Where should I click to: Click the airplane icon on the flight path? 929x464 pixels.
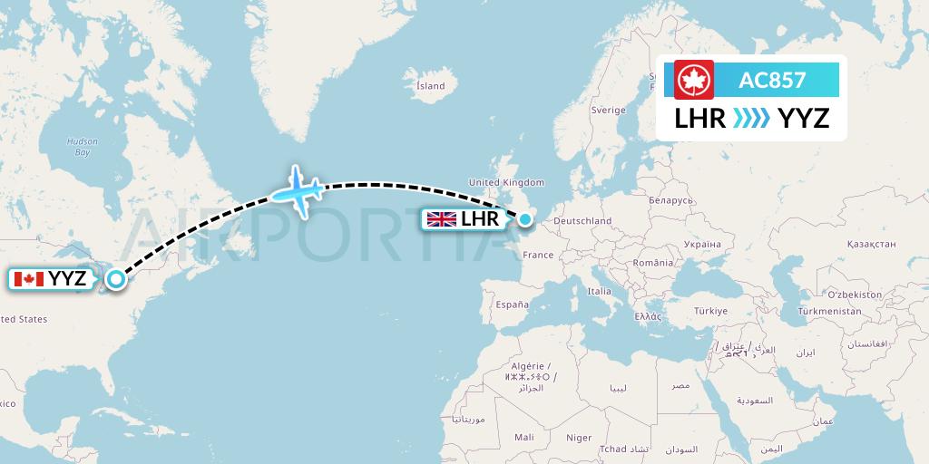298,189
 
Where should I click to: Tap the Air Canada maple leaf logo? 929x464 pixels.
694,80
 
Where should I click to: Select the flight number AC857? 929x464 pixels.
772,80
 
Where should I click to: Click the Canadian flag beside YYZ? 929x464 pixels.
29,279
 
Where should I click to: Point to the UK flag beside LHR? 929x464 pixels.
442,218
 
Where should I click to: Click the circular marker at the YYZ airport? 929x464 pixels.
116,279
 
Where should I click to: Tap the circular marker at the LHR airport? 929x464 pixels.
524,218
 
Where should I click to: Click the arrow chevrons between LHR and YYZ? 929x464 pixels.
752,118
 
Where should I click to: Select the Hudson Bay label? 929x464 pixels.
82,147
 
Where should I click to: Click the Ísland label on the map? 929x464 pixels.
430,86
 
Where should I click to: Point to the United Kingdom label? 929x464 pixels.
506,182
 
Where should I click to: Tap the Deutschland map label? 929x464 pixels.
582,220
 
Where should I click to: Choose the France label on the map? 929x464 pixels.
538,255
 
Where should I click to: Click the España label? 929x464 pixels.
512,305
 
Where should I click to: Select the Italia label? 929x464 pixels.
599,291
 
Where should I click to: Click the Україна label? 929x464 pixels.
702,244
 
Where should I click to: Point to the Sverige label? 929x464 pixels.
608,110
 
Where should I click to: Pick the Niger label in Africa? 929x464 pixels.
579,437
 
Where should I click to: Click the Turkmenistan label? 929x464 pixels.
829,311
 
